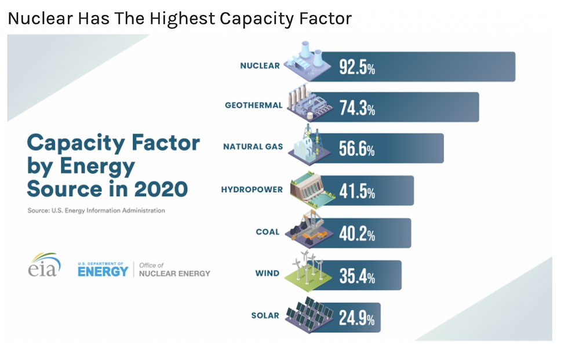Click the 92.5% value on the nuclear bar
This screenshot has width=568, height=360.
click(x=357, y=67)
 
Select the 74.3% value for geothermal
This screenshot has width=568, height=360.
click(x=357, y=108)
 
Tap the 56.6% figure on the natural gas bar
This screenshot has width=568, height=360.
click(x=357, y=150)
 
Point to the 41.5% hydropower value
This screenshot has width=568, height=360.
click(x=357, y=191)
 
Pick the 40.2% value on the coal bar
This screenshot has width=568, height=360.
click(x=357, y=234)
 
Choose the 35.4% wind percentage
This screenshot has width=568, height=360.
click(x=357, y=276)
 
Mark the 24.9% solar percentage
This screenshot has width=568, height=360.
click(x=357, y=318)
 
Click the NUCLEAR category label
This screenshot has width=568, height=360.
click(x=260, y=66)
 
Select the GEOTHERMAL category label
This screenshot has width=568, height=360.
click(x=253, y=106)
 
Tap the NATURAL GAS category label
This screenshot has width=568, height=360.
click(x=253, y=147)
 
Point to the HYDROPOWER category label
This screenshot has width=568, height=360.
click(x=252, y=190)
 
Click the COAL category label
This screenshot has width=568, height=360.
click(x=267, y=232)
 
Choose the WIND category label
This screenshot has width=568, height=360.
click(x=267, y=273)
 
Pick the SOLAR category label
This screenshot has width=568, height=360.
click(x=265, y=316)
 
